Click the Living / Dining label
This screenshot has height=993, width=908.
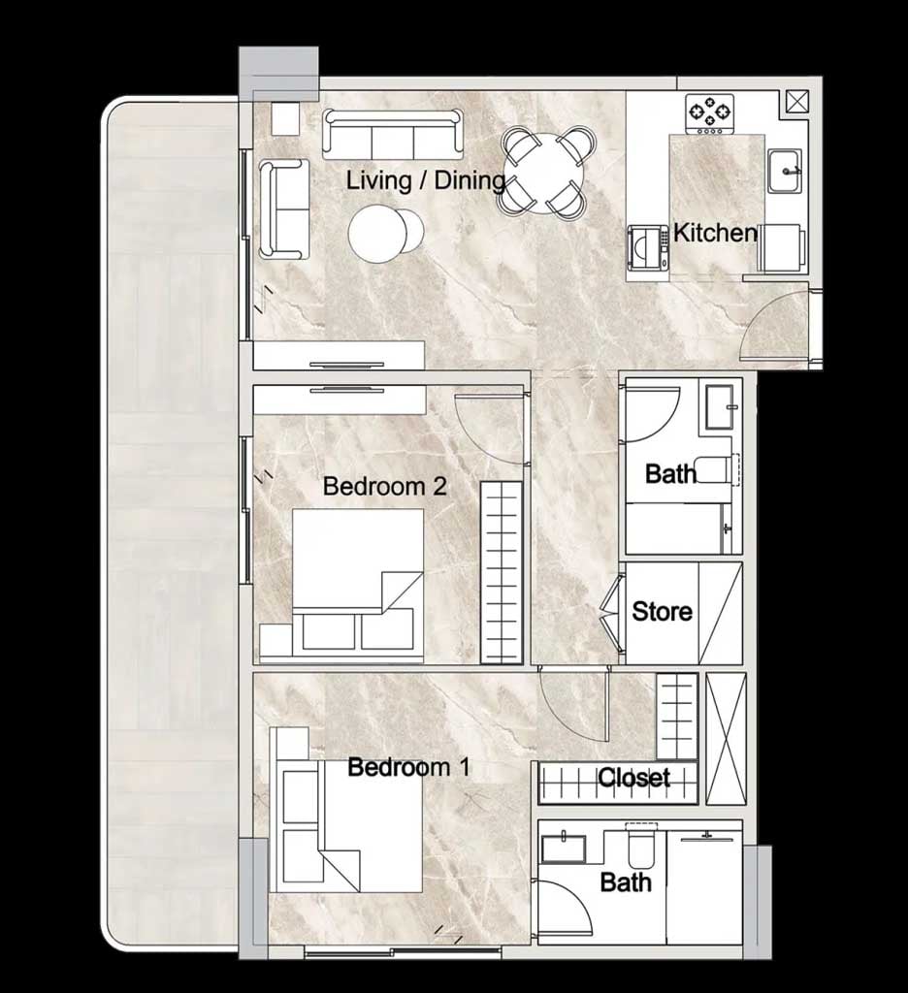pyautogui.click(x=425, y=180)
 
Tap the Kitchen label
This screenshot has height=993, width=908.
pyautogui.click(x=715, y=233)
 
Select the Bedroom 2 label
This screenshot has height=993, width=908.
pyautogui.click(x=384, y=487)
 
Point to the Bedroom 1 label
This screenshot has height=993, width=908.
pyautogui.click(x=408, y=767)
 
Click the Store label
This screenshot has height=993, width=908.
pyautogui.click(x=662, y=611)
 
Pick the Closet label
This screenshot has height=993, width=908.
pyautogui.click(x=633, y=777)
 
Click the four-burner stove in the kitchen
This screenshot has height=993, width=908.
pyautogui.click(x=710, y=114)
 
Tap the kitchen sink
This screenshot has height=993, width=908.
pyautogui.click(x=785, y=171)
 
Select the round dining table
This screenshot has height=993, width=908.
pyautogui.click(x=548, y=171)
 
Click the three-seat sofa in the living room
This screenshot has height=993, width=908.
pyautogui.click(x=393, y=134)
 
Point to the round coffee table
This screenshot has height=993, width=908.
pyautogui.click(x=378, y=233)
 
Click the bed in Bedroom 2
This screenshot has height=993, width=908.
pyautogui.click(x=358, y=586)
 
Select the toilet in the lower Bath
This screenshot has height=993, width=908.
pyautogui.click(x=641, y=846)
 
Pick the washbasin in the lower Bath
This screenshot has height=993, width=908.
pyautogui.click(x=564, y=849)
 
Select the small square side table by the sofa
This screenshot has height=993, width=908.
pyautogui.click(x=285, y=118)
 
